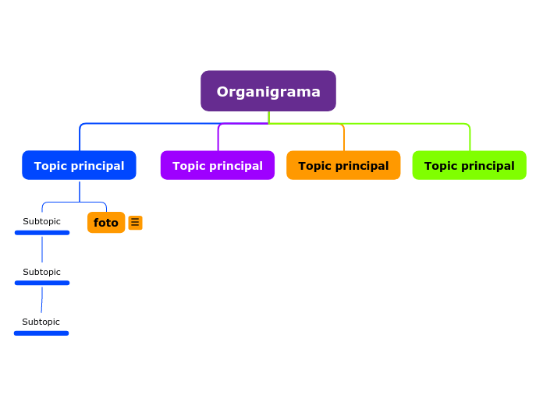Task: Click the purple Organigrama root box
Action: (x=268, y=91)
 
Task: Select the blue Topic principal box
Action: (x=79, y=165)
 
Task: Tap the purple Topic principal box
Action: (x=217, y=165)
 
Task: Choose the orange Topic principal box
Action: (x=343, y=165)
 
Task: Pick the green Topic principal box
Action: (x=469, y=165)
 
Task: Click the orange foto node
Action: (x=106, y=223)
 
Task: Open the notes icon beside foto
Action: (x=135, y=223)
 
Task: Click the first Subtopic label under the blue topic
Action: (x=41, y=221)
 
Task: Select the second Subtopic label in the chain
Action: (x=41, y=272)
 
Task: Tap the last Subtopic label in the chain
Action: (x=41, y=322)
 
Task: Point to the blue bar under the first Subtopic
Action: (x=42, y=232)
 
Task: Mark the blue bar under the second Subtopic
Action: (x=42, y=283)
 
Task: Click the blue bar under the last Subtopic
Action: (x=41, y=333)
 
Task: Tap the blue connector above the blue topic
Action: (x=80, y=137)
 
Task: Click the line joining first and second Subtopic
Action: (x=42, y=249)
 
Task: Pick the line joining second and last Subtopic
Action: (x=42, y=300)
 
